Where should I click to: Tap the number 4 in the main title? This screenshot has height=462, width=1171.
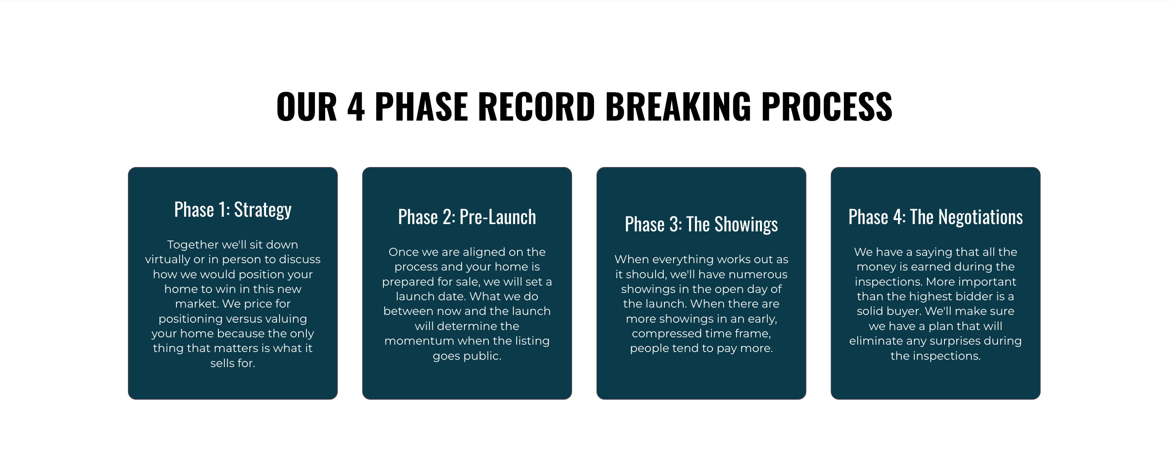coord(356,106)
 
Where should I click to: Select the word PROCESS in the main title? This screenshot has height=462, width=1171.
coord(827,106)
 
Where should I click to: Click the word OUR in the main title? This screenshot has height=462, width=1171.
coord(306,106)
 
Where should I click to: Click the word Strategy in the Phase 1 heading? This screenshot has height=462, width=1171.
coord(263,210)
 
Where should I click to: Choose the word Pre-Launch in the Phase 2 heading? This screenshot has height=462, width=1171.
coord(498,217)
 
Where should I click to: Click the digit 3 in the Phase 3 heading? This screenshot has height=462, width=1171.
coord(675,224)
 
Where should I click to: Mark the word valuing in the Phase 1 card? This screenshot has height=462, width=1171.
coord(286,319)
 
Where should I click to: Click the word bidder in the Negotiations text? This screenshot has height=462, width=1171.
coord(980,297)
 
